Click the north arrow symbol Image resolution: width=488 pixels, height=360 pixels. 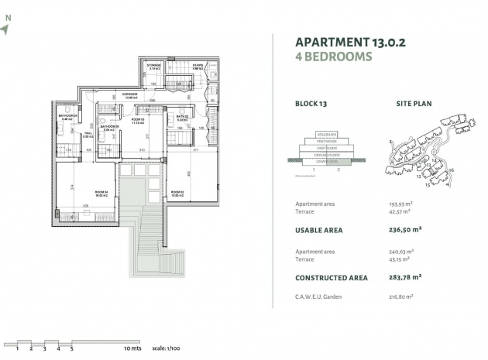click(6, 29)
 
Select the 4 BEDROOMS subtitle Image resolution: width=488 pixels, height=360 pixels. click(334, 57)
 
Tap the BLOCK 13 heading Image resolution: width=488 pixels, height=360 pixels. click(313, 103)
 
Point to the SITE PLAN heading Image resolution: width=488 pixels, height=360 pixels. click(414, 103)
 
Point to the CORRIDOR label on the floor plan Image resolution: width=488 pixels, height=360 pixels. click(130, 94)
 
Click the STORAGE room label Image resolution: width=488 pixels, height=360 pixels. click(154, 67)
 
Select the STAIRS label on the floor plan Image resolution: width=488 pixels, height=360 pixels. click(198, 67)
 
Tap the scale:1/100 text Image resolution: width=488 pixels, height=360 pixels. click(168, 349)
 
